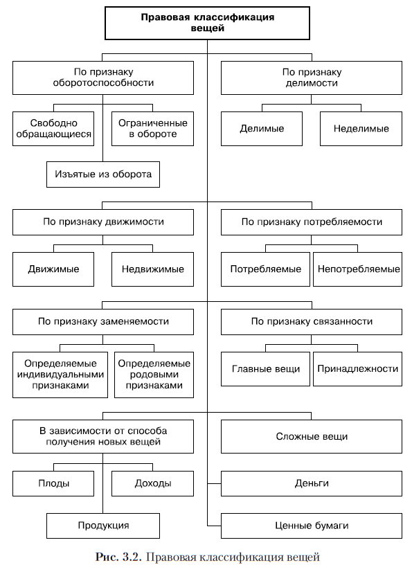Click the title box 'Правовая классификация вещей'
[207, 23]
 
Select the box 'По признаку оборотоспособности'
[103, 78]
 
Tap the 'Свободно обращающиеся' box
[53, 129]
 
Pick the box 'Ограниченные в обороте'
[153, 129]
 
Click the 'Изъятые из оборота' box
[103, 174]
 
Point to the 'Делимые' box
[262, 129]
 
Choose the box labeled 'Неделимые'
[361, 129]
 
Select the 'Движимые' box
[53, 269]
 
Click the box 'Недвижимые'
[153, 269]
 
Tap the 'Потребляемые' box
[265, 269]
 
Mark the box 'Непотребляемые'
[358, 269]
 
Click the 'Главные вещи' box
[265, 369]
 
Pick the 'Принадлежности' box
[358, 369]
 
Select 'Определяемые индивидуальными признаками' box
[60, 375]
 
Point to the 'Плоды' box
[53, 483]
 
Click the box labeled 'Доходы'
[153, 483]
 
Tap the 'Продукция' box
[103, 526]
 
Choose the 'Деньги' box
[312, 483]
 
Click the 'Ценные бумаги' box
[312, 526]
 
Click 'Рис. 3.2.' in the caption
[118, 557]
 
